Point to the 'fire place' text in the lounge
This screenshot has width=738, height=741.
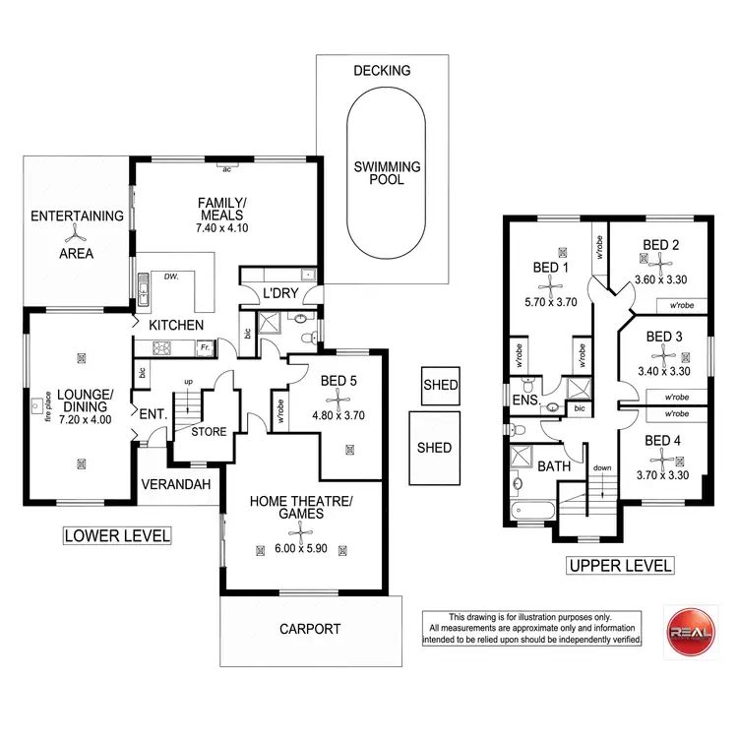[x=47, y=402]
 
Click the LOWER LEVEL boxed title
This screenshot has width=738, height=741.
[x=116, y=535]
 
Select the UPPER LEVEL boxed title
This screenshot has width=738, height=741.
[x=620, y=565]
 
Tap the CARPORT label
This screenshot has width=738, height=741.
[x=309, y=629]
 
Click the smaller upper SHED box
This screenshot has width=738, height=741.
[x=439, y=385]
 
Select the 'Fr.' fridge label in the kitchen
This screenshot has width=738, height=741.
[x=204, y=347]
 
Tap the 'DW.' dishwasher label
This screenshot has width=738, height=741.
[x=171, y=277]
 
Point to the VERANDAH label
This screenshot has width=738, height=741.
[x=177, y=485]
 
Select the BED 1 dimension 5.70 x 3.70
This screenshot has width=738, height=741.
[x=551, y=304]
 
